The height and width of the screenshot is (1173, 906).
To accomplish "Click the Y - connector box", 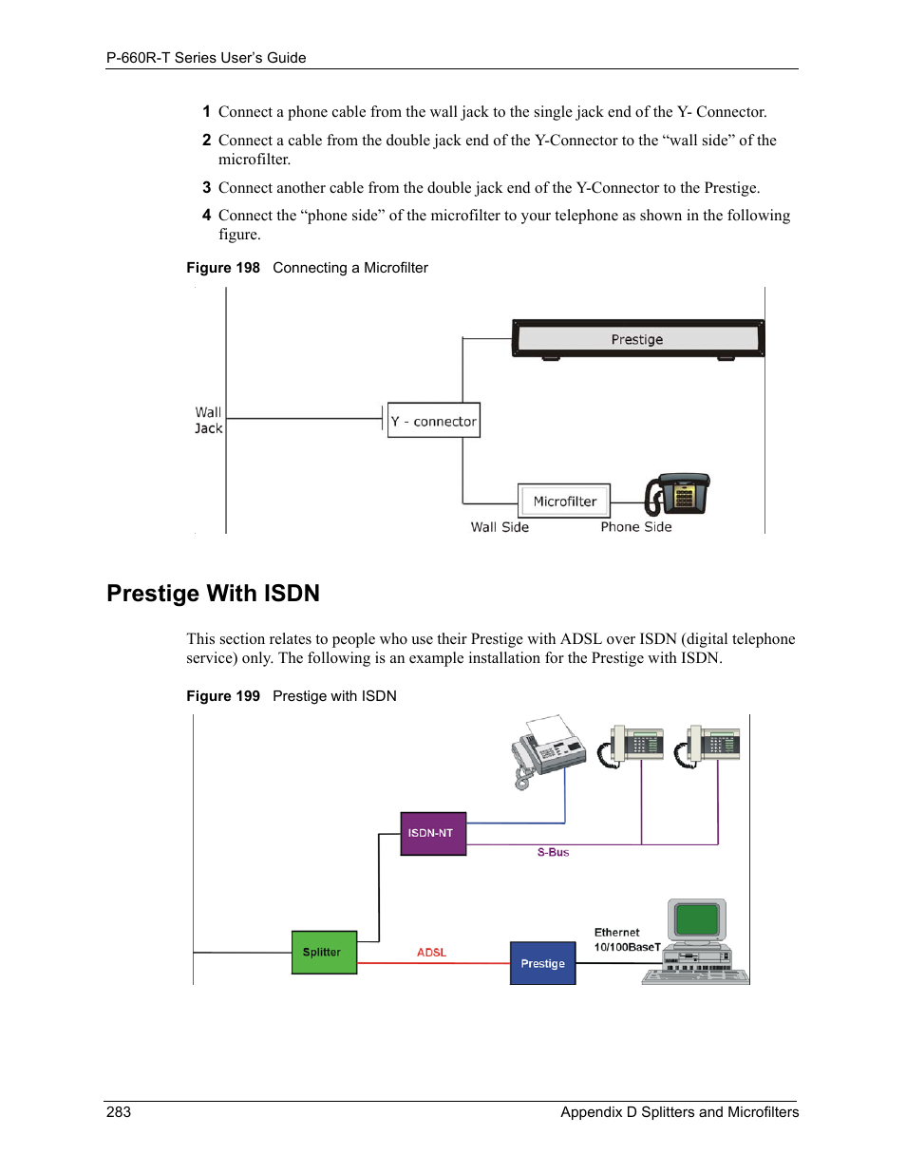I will tap(433, 421).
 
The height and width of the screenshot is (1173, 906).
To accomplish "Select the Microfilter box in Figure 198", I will tap(564, 501).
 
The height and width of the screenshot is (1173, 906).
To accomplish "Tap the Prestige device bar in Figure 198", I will tap(637, 339).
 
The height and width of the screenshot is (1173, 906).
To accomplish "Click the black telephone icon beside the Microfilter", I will tap(677, 494).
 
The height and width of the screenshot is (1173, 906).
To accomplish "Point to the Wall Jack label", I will tap(208, 421).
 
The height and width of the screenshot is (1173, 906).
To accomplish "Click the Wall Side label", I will tap(500, 527).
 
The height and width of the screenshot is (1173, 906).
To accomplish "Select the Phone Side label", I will tap(635, 527).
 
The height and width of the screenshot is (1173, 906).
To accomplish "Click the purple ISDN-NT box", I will tap(433, 833).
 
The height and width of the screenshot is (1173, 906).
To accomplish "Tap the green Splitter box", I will tap(323, 952).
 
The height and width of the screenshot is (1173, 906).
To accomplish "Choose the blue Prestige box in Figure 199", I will tap(542, 963).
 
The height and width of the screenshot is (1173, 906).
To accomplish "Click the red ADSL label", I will tap(431, 953).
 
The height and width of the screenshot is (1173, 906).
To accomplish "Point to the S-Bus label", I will tap(553, 853).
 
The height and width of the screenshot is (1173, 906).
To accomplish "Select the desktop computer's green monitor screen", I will tap(697, 918).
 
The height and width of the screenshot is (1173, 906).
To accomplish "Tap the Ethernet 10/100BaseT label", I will tap(626, 939).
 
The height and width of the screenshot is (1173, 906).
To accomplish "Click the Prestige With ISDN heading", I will tap(213, 594).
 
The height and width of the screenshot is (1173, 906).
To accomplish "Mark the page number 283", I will tap(119, 1112).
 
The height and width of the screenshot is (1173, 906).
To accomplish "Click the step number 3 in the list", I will tap(206, 188).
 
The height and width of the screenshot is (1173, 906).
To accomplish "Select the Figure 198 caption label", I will tap(223, 268).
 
